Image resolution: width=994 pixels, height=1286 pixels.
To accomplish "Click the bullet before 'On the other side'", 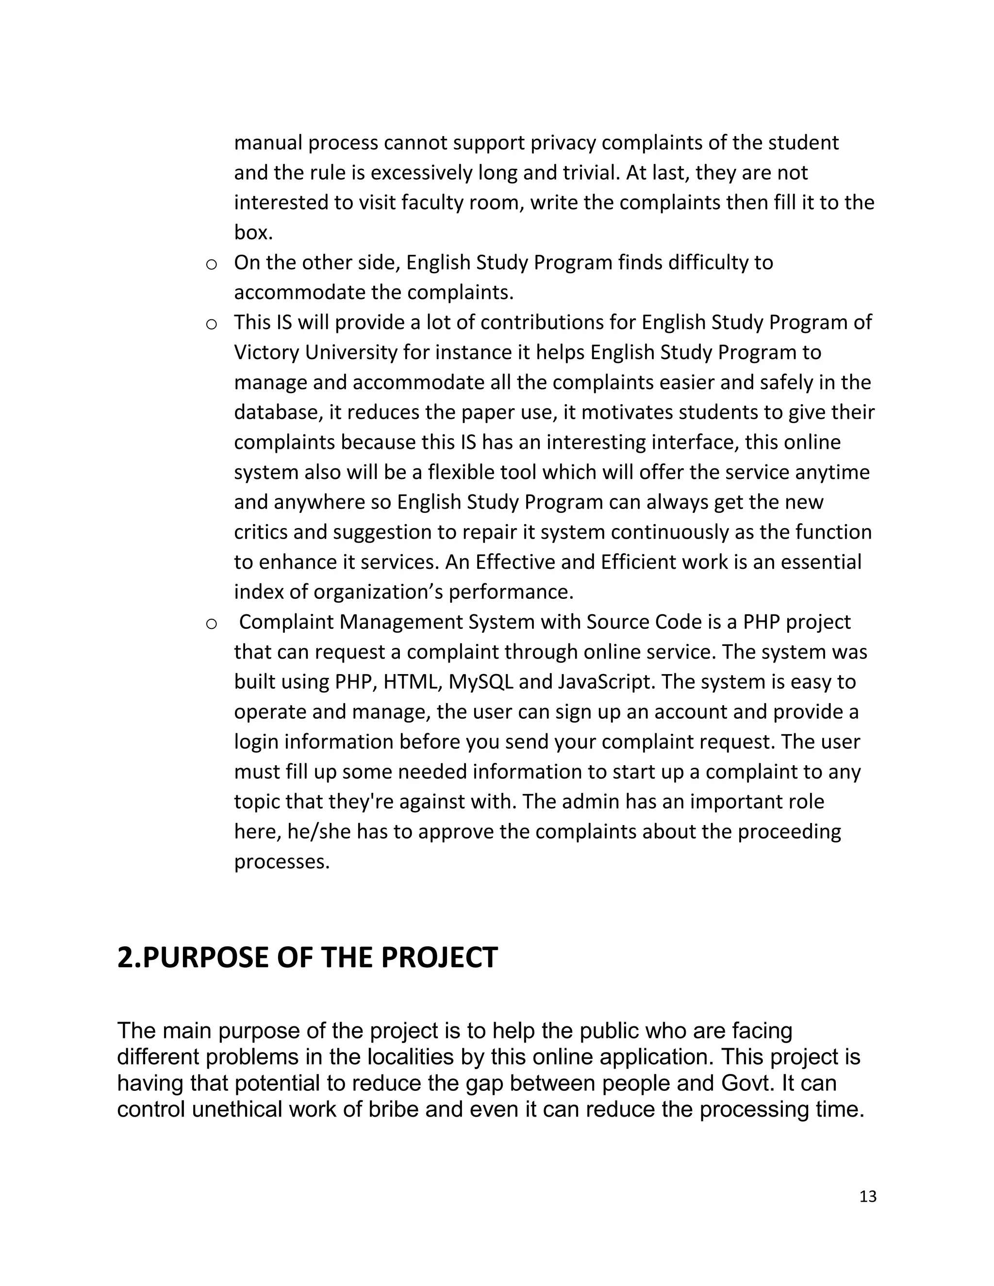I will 211,264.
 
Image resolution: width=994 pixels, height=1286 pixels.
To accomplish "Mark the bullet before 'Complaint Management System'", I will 211,624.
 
